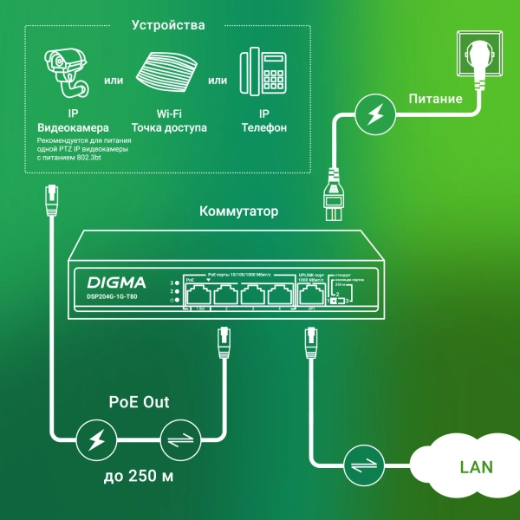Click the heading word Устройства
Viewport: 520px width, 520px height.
pos(168,25)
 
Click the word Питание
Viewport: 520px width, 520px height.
pos(435,99)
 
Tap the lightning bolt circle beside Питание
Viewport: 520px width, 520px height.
pos(374,114)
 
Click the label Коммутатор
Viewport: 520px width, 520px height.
pos(239,211)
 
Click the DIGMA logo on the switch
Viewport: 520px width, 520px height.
pos(117,282)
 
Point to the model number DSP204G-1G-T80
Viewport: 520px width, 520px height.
pos(112,297)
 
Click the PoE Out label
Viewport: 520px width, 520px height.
pos(139,402)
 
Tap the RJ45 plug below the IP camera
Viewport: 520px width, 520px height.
pos(51,200)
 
